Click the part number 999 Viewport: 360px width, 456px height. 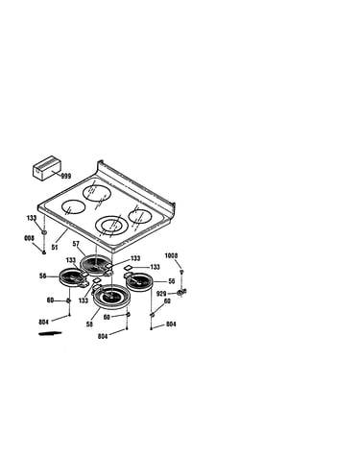point(66,176)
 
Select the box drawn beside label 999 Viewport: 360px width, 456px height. point(47,168)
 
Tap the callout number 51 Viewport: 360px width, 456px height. point(55,248)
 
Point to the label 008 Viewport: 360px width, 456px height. point(29,238)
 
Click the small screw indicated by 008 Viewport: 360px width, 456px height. point(44,252)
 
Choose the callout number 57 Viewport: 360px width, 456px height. point(76,244)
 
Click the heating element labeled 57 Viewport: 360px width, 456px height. point(96,265)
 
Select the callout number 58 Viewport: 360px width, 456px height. point(89,324)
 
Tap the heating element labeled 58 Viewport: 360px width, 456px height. point(110,297)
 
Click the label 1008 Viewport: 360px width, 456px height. point(172,255)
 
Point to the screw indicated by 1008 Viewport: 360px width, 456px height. point(182,273)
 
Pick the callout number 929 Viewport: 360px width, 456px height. point(161,294)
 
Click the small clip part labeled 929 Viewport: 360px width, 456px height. point(181,292)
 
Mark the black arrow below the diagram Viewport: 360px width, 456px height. point(50,334)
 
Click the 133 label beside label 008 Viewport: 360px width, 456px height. point(32,218)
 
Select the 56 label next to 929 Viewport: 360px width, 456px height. point(172,281)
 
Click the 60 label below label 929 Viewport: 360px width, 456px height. point(167,301)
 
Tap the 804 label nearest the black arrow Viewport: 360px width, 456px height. point(44,323)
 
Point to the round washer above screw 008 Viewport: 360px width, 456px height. point(44,231)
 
